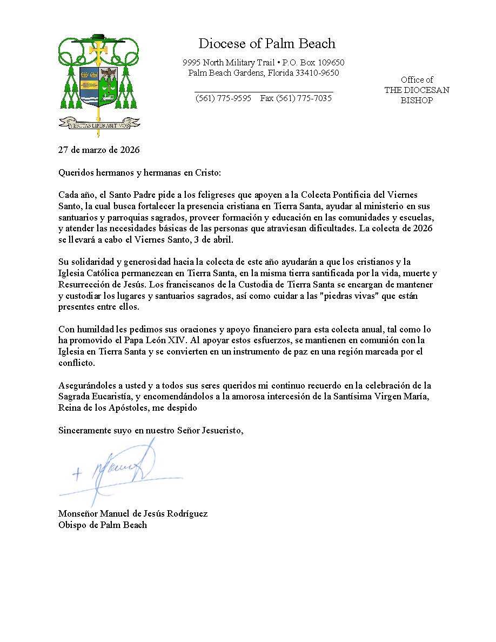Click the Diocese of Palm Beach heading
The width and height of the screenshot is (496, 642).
pos(267,44)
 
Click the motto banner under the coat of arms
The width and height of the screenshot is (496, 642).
pos(99,124)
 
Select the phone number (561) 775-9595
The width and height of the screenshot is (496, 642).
pos(223,98)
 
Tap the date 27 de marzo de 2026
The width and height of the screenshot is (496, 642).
pos(99,150)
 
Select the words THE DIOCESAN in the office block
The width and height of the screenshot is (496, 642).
pos(417,90)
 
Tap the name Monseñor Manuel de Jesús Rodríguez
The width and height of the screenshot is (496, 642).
pos(133,513)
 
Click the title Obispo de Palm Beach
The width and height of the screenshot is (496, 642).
pos(103,525)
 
